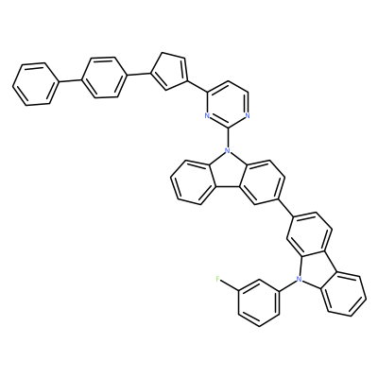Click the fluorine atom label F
coord(217,279)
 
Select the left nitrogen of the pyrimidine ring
coord(207,115)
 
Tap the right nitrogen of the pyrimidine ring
coord(248,115)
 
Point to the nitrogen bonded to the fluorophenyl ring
coord(299,279)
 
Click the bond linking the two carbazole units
coord(285,208)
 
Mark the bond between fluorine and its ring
coord(230,285)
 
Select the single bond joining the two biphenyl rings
coord(70,80)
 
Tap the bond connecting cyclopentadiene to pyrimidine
coord(198,86)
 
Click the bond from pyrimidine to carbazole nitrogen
coord(227,138)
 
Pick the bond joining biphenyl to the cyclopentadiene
coord(138,74)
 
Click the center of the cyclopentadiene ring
coord(169,71)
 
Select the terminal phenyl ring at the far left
coord(36,84)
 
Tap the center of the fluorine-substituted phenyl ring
coord(259,302)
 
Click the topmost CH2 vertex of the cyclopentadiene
coord(163,52)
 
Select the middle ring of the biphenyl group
coord(104,77)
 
